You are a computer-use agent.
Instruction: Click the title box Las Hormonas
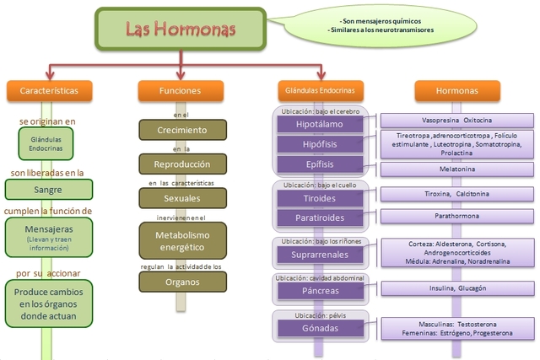click(x=181, y=30)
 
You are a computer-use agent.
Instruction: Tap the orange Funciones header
click(x=181, y=90)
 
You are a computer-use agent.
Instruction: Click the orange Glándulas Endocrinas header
click(x=320, y=90)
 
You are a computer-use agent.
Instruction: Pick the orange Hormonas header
click(x=456, y=90)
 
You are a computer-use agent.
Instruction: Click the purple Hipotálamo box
click(x=320, y=125)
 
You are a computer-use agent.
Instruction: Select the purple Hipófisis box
click(x=320, y=144)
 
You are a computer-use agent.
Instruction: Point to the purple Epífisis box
click(x=320, y=164)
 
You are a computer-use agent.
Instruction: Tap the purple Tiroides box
click(x=320, y=198)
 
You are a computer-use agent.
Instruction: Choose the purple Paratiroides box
click(x=320, y=218)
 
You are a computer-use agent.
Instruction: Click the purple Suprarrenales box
click(x=320, y=254)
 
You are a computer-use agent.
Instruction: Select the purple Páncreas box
click(x=320, y=291)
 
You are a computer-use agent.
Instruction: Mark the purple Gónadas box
click(x=320, y=327)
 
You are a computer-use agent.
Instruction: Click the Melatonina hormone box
click(x=456, y=169)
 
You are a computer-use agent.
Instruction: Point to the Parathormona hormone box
click(x=456, y=214)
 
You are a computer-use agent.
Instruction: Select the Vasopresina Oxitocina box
click(x=456, y=121)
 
